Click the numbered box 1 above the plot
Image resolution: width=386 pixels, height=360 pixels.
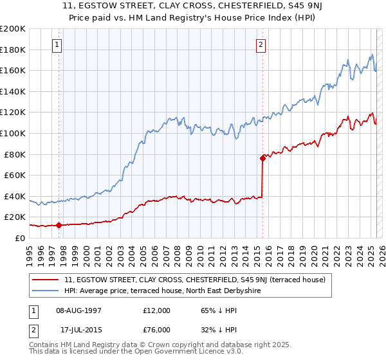coord(58,45)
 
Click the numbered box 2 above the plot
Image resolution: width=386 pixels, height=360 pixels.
coord(261,45)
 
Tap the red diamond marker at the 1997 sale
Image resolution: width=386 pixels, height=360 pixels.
coord(59,225)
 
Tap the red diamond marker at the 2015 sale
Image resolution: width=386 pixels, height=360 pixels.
coord(262,157)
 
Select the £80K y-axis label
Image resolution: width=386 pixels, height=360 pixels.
coord(15,154)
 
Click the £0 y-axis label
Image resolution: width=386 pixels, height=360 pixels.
coord(20,238)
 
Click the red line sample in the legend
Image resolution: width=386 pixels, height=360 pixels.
coord(46,280)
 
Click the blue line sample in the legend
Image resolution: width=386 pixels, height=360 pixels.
coord(46,291)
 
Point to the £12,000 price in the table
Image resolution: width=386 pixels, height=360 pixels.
coord(156,310)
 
